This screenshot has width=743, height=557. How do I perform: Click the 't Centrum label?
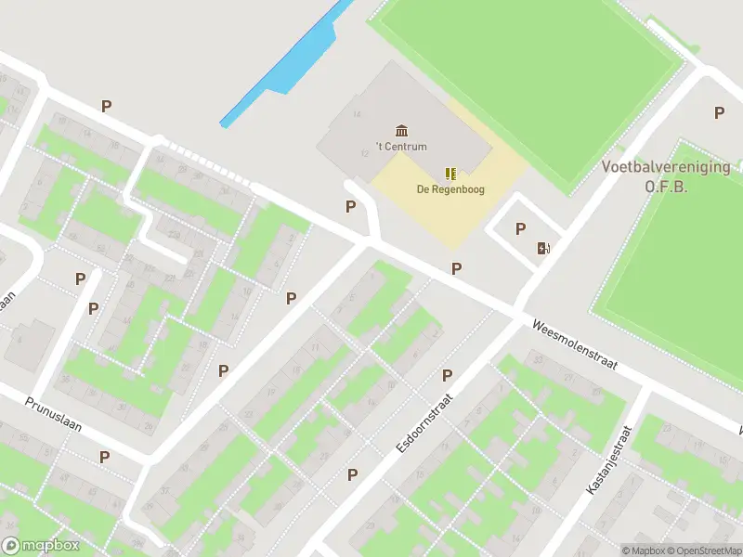[x=401, y=147]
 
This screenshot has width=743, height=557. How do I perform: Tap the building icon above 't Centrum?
[x=401, y=129]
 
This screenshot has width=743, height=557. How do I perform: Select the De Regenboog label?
[x=450, y=190]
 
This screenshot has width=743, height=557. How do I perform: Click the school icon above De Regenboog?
[x=450, y=174]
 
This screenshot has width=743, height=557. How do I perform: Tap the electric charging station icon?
[x=543, y=248]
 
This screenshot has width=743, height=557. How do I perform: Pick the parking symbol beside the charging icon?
[x=520, y=228]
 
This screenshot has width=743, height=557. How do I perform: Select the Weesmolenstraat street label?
[x=575, y=346]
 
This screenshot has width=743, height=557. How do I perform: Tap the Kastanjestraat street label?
[x=608, y=460]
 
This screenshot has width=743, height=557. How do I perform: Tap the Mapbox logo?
[x=41, y=546]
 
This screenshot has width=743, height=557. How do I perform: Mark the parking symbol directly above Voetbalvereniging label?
[x=719, y=113]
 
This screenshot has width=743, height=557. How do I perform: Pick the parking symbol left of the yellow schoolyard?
[x=350, y=207]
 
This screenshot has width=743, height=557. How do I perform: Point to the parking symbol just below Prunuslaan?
[x=105, y=457]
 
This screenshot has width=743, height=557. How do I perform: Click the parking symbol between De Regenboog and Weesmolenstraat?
[x=456, y=268]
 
